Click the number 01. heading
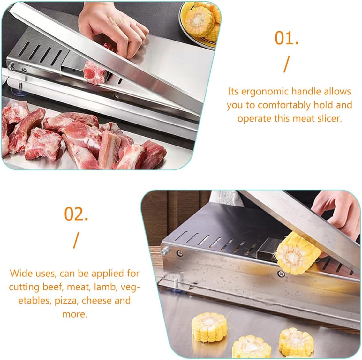click(x=286, y=39)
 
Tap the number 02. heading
click(x=76, y=214)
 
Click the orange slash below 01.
click(x=286, y=65)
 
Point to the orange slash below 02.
click(x=75, y=240)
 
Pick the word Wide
click(x=21, y=274)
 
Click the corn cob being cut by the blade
click(x=298, y=254)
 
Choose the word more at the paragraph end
click(x=74, y=314)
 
